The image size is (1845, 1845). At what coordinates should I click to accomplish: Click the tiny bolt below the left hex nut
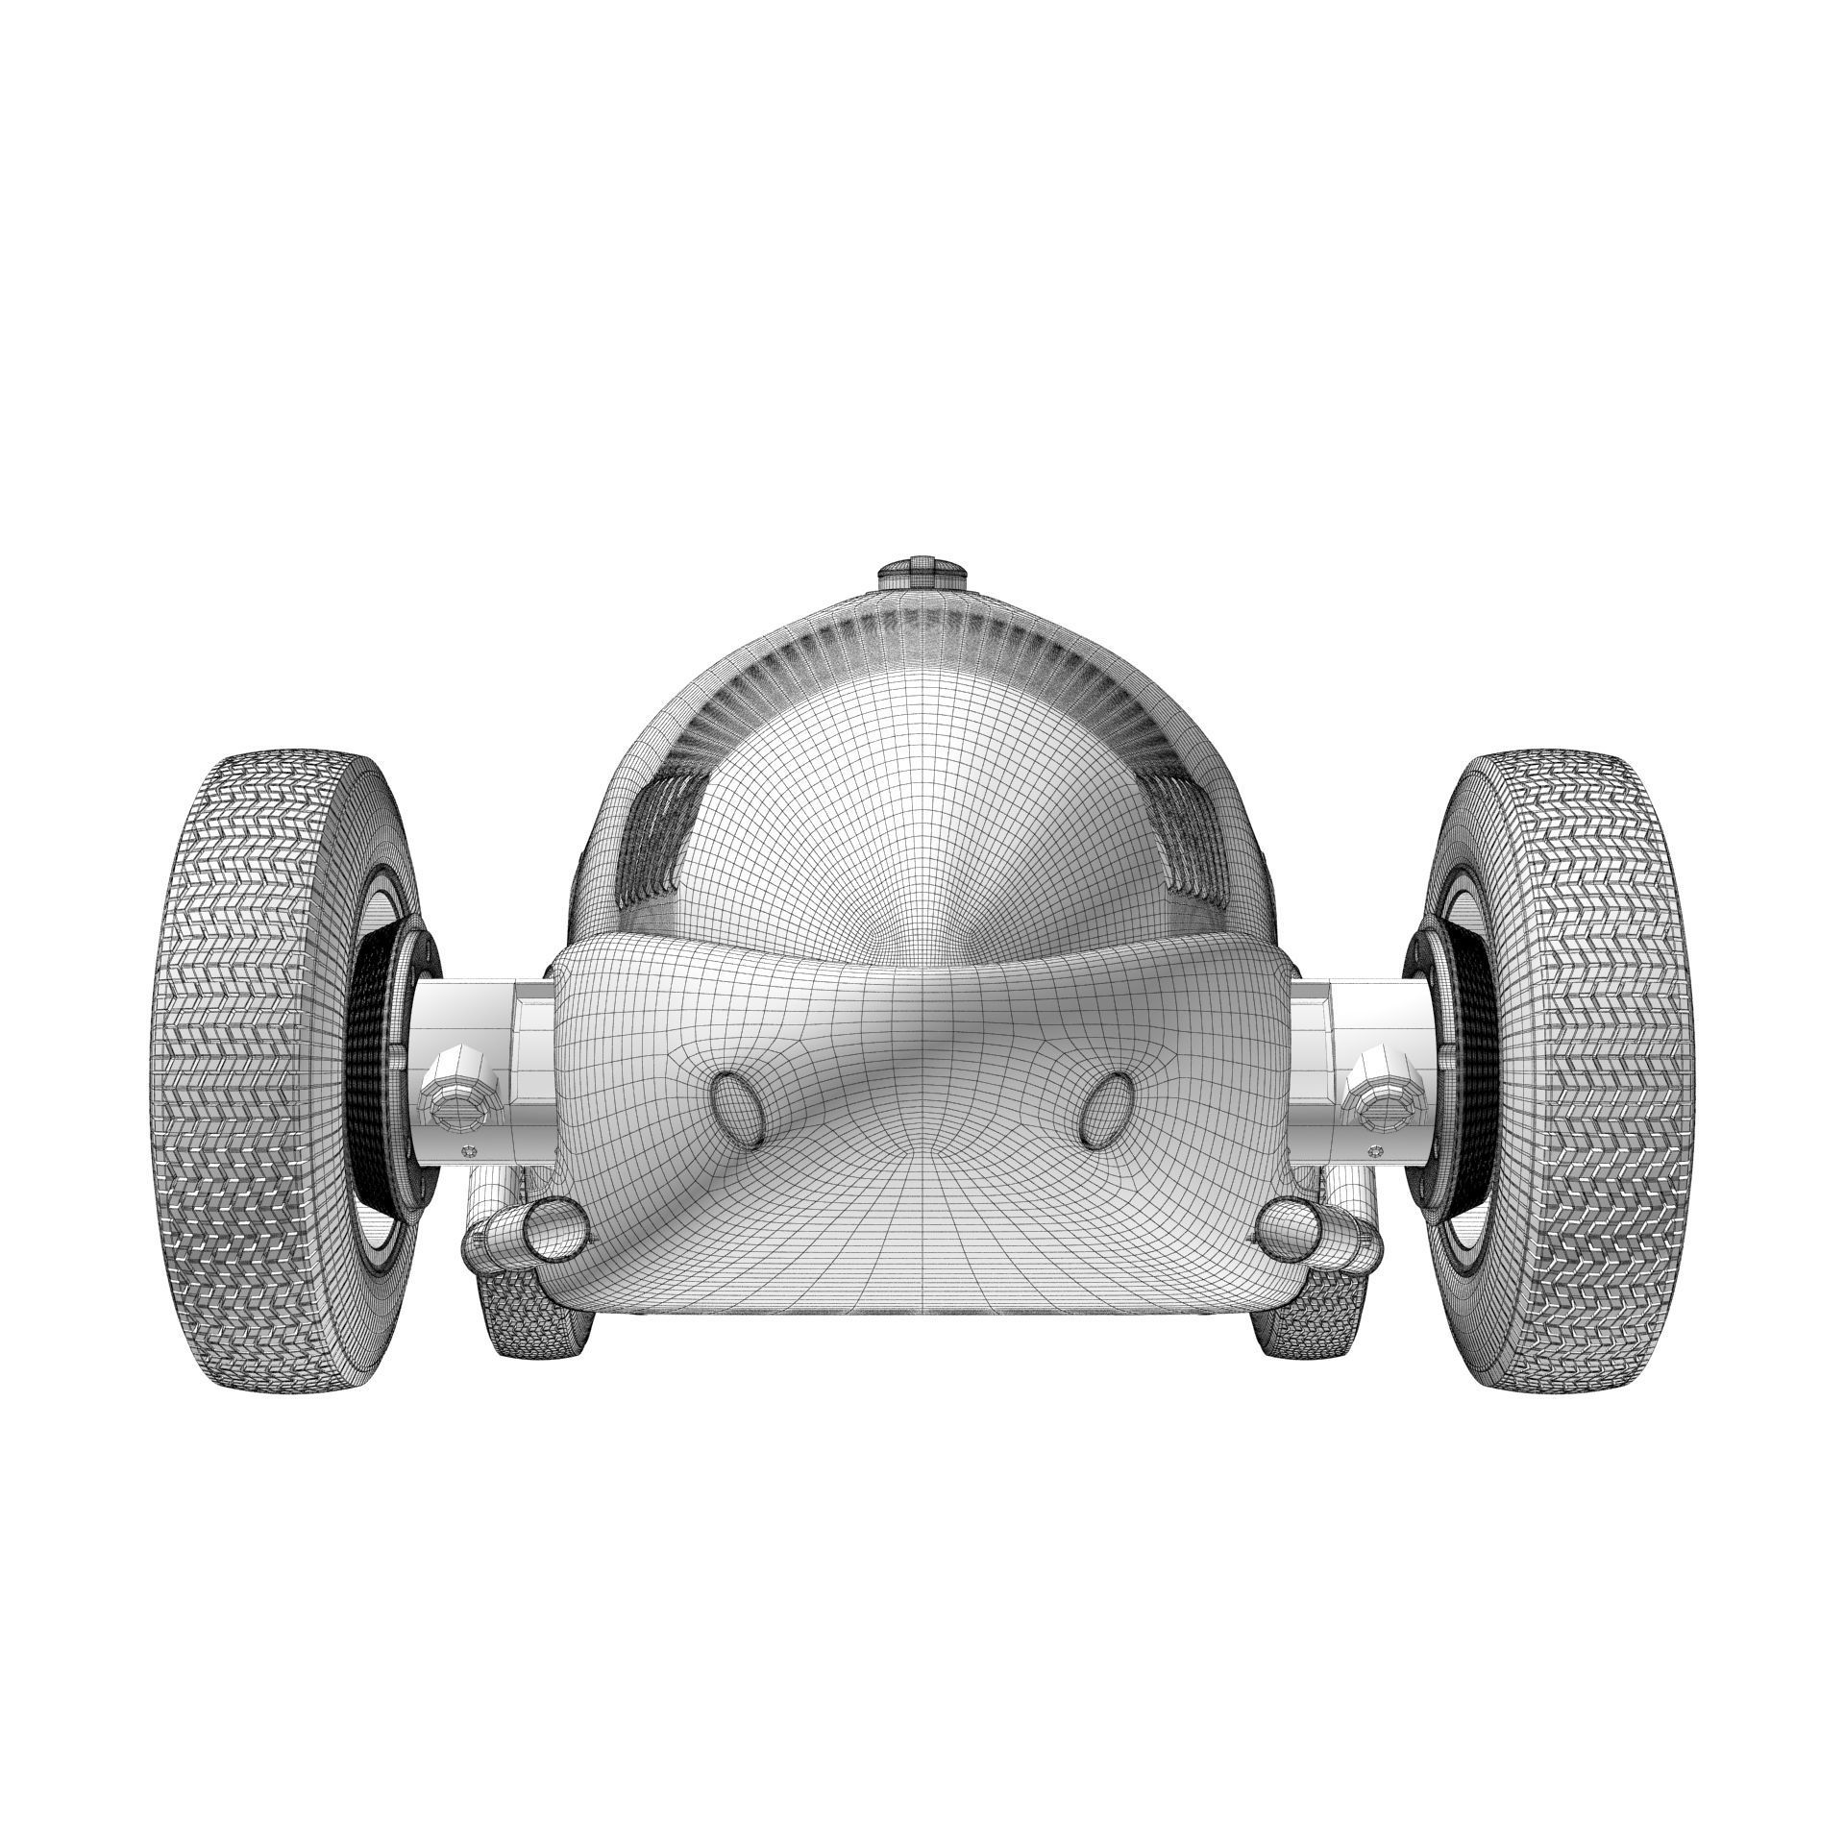(x=469, y=1150)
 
